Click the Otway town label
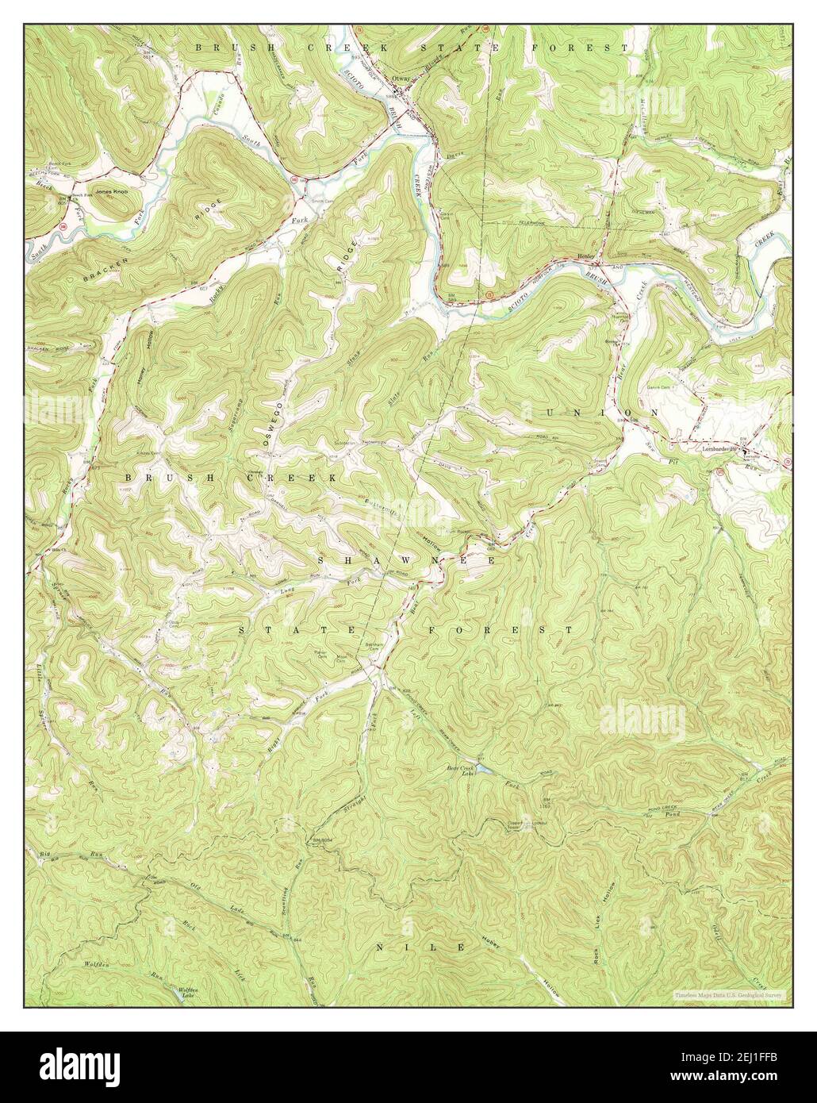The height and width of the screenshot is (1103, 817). pyautogui.click(x=402, y=78)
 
